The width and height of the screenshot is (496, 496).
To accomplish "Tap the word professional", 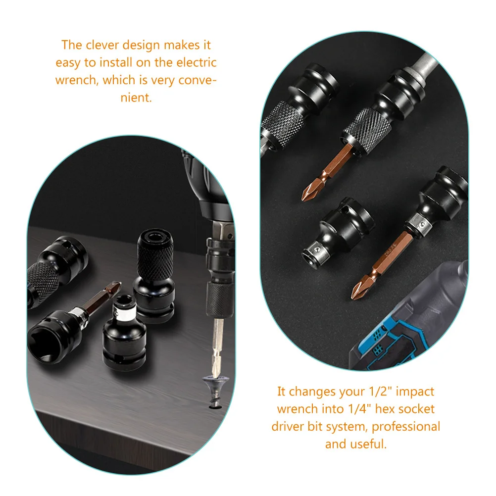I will tap(406, 426).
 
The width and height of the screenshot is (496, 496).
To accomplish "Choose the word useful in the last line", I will tap(367, 444).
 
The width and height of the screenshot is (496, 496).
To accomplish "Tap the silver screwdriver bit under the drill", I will tap(217, 347).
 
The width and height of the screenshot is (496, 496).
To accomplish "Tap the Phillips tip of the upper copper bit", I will tap(310, 191).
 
